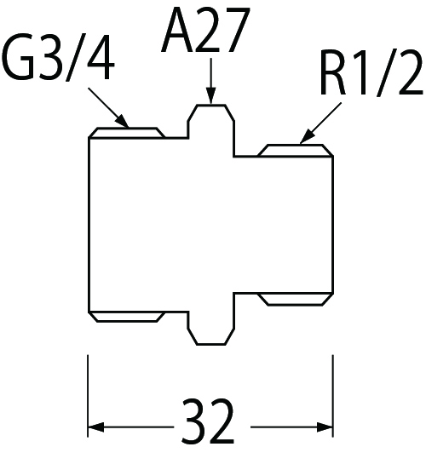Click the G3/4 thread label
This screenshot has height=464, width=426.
point(58,58)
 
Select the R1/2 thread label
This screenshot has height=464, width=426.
point(371,73)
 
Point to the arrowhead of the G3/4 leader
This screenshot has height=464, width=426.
point(122,123)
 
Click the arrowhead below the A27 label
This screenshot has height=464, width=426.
point(211,96)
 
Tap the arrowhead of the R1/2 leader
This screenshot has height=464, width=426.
point(307,137)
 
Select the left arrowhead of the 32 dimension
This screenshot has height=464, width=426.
point(96,427)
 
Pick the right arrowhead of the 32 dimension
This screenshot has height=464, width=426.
point(325,427)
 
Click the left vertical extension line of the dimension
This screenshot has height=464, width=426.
point(88,396)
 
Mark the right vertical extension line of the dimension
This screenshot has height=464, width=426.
point(333,396)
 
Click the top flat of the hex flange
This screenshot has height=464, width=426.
point(211,105)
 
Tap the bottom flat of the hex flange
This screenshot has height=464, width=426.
point(211,344)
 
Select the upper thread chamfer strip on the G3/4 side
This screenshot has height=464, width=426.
point(127,133)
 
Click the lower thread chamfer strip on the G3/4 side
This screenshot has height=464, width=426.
point(127,317)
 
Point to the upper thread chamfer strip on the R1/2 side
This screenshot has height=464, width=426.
point(295,151)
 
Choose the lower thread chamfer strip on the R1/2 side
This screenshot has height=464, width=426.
point(295,299)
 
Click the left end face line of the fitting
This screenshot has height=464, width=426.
point(89,225)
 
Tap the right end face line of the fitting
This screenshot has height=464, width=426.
point(333,225)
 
